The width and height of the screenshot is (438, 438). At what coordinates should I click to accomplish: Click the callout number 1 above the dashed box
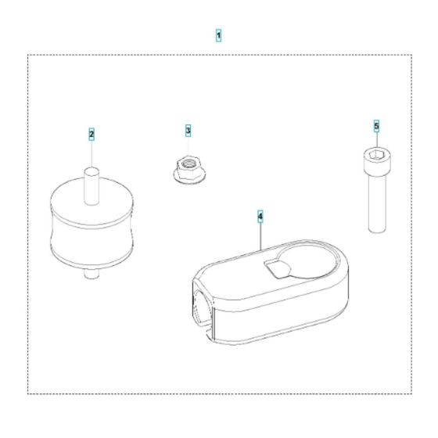point(218,36)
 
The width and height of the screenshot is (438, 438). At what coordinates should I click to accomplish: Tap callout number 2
point(92,135)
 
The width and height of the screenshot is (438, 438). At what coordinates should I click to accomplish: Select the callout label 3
point(188,129)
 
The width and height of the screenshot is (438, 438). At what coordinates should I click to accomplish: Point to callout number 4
point(260,213)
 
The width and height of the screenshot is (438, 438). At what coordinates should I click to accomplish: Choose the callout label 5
point(376,125)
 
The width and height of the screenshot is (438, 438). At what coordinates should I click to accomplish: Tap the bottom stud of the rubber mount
point(92,273)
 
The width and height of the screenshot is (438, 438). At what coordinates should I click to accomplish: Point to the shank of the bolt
point(376,203)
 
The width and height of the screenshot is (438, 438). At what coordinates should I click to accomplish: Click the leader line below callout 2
point(92,153)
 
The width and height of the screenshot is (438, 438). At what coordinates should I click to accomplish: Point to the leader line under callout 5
point(376,141)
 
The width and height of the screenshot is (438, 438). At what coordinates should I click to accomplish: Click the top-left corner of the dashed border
point(28,55)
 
